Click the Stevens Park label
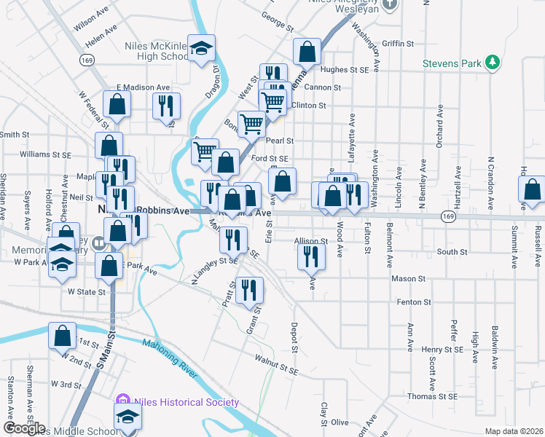pos(452,63)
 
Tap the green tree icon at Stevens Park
pos(493,62)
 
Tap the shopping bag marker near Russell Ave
pos(533,190)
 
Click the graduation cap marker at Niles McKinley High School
pos(201,49)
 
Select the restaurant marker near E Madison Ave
pos(166,106)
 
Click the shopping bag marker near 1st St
pos(63,335)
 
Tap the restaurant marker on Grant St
pos(249,289)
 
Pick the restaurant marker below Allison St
pos(310,256)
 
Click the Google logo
pos(24,428)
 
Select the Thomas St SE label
pos(431,397)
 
